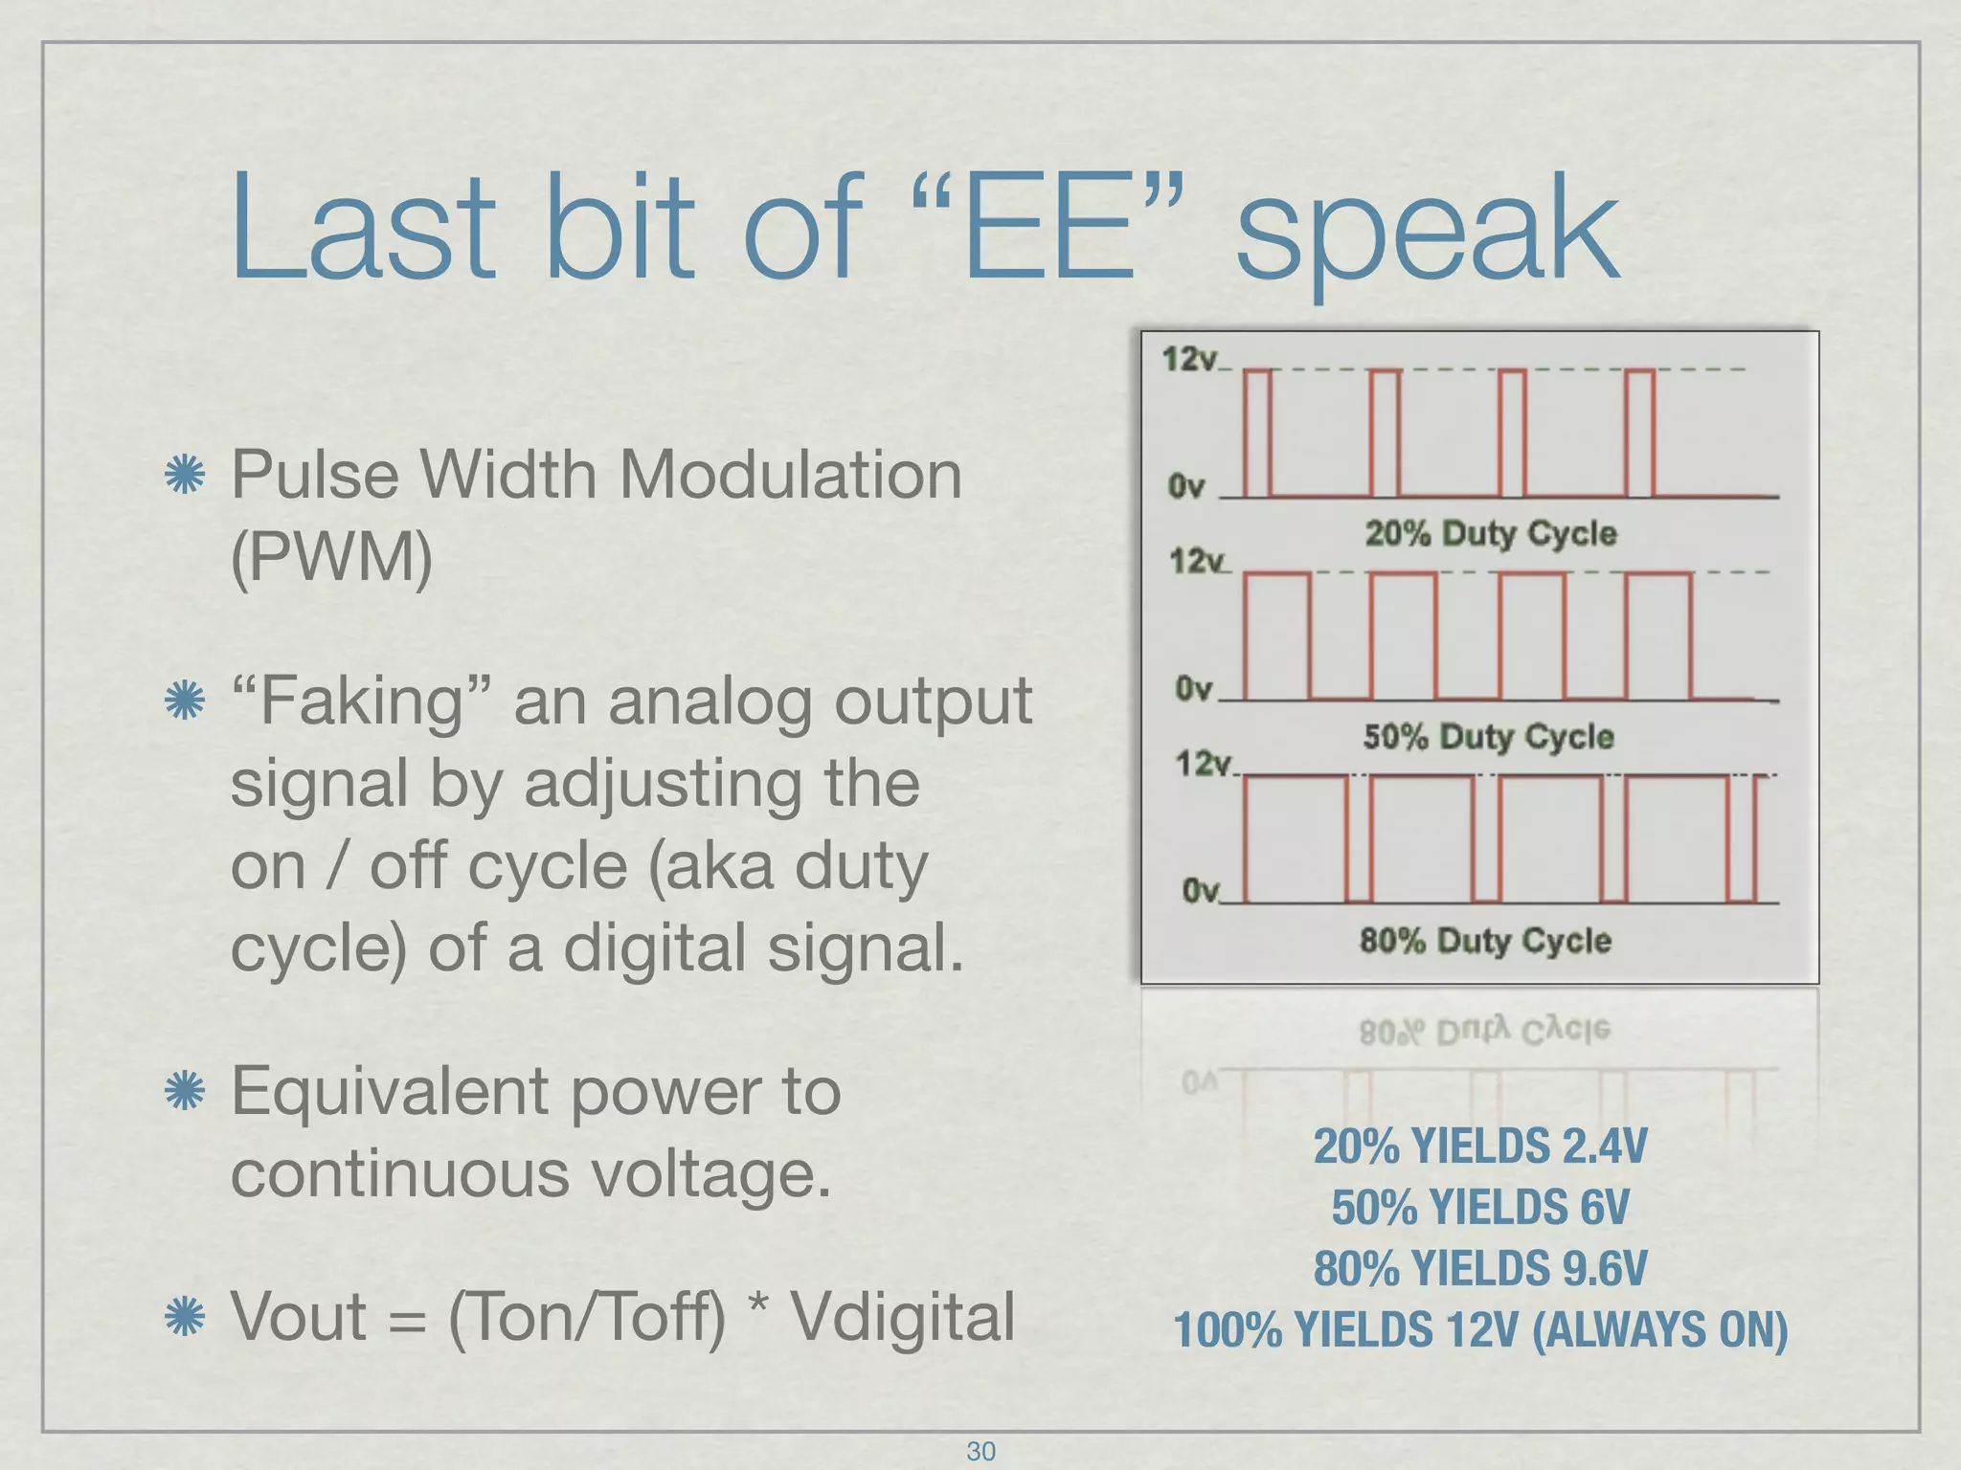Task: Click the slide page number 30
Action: (x=980, y=1451)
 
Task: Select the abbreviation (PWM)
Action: (x=331, y=556)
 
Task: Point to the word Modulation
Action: (x=791, y=475)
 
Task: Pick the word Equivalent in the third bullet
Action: (x=391, y=1091)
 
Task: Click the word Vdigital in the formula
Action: (x=901, y=1317)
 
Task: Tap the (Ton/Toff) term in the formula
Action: (x=587, y=1318)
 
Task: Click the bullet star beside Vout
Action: (x=185, y=1317)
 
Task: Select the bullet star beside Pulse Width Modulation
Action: (x=185, y=475)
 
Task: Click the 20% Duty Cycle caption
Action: (x=1490, y=533)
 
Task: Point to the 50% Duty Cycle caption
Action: (x=1488, y=736)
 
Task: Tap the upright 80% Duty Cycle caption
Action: (x=1485, y=940)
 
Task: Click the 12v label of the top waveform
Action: (x=1189, y=359)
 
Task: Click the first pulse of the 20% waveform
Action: (x=1257, y=433)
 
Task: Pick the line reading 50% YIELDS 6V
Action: (x=1480, y=1207)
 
